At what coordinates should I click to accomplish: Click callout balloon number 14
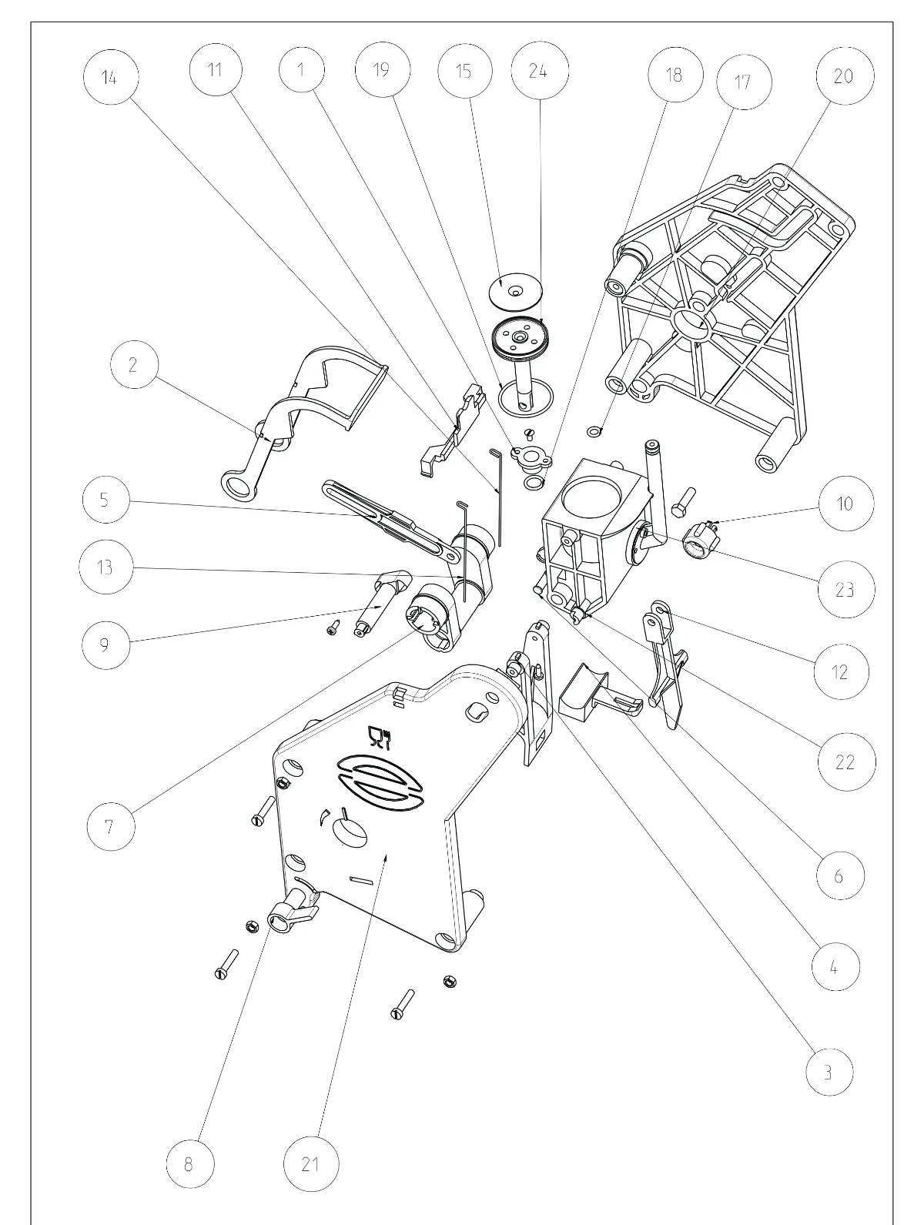click(x=110, y=76)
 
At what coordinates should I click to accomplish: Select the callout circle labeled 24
click(x=540, y=70)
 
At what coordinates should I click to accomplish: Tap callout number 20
click(x=845, y=76)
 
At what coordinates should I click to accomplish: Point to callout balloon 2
click(x=134, y=364)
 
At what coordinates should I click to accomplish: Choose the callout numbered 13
click(x=106, y=567)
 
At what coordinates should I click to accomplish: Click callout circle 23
click(x=846, y=589)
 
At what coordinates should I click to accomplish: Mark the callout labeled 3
click(x=830, y=1072)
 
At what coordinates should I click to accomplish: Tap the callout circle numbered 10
click(x=846, y=504)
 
